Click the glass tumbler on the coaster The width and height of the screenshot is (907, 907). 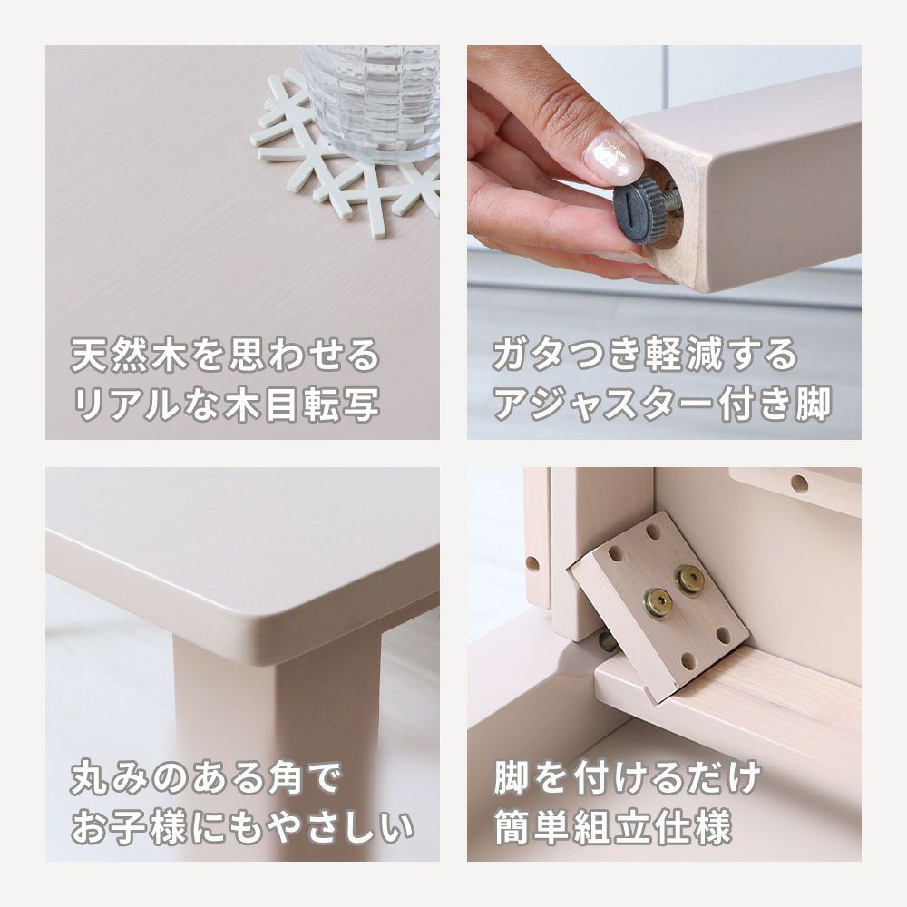click(370, 103)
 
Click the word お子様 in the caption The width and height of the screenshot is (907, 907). click(129, 827)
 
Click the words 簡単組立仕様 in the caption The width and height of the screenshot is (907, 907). click(612, 827)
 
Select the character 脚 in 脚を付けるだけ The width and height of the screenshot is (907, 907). click(512, 778)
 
